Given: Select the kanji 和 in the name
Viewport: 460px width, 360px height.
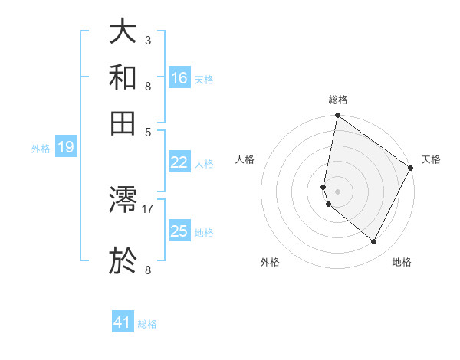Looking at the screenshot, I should [x=123, y=78].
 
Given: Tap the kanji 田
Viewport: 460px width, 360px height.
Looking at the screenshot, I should [x=123, y=122].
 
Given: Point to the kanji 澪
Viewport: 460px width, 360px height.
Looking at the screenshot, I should [x=123, y=200].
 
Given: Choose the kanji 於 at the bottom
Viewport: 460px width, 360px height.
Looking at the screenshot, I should [x=123, y=260].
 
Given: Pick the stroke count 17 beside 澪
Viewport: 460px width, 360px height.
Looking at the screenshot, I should [x=148, y=208].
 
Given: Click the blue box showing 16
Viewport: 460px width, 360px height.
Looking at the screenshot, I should [x=179, y=77].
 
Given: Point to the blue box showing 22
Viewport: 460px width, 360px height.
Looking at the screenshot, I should [x=179, y=162].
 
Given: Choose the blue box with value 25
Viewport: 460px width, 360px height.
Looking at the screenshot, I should [x=179, y=231].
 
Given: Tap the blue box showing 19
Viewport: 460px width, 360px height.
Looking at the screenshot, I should [x=66, y=147].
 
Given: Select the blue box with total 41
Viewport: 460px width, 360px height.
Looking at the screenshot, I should [x=123, y=322].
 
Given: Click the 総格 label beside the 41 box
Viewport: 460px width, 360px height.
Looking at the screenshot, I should [x=147, y=324].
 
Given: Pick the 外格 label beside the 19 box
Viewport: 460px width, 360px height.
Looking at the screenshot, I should [x=41, y=149].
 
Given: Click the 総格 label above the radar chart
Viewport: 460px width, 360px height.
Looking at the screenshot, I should [x=337, y=100].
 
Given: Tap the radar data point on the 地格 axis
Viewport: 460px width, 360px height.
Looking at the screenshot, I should [x=374, y=242].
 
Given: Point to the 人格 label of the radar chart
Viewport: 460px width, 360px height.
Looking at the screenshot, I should [x=245, y=159].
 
